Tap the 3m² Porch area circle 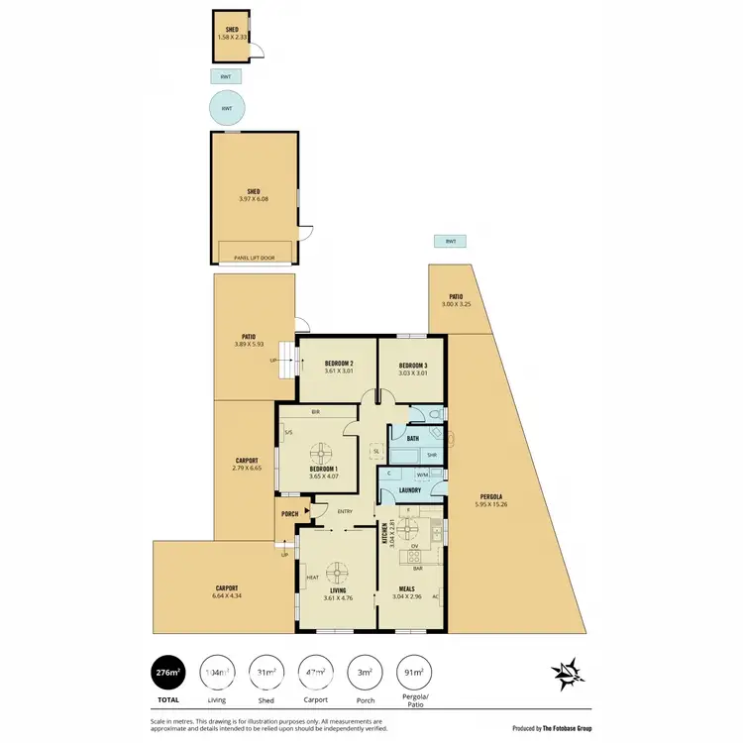365,674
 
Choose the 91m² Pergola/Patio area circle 414,674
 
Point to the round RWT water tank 227,108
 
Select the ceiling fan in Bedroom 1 322,455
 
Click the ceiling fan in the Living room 338,572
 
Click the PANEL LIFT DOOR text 255,258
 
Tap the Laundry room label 411,489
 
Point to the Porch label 290,513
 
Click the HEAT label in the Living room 312,578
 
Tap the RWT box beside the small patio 451,241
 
